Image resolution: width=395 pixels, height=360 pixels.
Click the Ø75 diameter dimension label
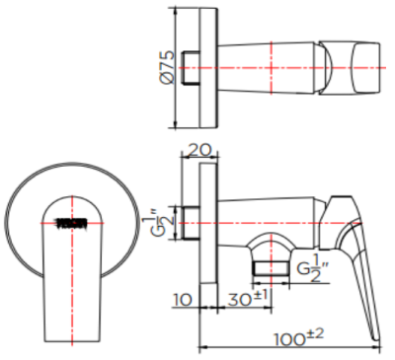coord(167,67)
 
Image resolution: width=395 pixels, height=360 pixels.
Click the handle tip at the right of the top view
coord(367,69)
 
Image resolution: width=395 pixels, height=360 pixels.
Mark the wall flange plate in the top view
coord(205,67)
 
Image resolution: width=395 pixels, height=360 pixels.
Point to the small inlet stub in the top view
coord(194,67)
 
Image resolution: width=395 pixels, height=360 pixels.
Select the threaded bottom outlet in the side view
coord(268,265)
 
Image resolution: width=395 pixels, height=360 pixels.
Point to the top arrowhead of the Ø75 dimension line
coord(176,14)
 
